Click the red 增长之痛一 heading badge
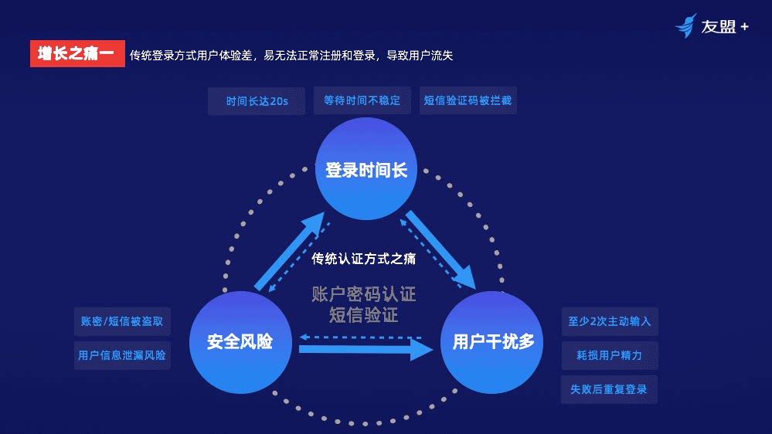[x=77, y=54]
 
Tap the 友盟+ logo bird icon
[x=685, y=25]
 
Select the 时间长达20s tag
[x=257, y=101]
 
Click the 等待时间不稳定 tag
[x=362, y=100]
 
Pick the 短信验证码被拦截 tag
[x=468, y=100]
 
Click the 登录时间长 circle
[x=366, y=171]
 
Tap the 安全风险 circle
[x=240, y=341]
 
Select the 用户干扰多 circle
[x=492, y=341]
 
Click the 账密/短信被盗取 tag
[x=122, y=321]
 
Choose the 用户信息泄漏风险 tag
[x=122, y=355]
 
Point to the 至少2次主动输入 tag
[x=609, y=321]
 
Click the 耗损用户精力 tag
[x=609, y=355]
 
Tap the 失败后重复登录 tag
[x=609, y=389]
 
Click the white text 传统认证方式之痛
[x=364, y=259]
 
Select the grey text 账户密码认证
[x=364, y=294]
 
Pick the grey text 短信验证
[x=364, y=315]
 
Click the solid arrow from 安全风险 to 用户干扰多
[x=363, y=350]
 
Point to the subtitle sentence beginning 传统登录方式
[x=291, y=55]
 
